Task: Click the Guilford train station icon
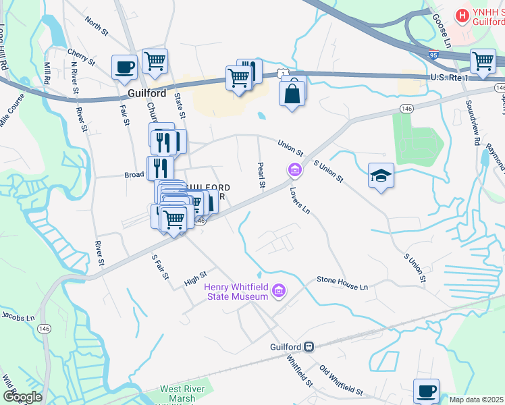[309, 346]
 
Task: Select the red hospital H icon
[462, 14]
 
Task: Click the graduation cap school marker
[381, 175]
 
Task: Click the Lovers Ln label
[300, 200]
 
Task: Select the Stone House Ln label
[342, 283]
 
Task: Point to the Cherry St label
[81, 57]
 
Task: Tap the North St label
[97, 25]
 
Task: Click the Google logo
[22, 397]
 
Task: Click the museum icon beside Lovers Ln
[294, 170]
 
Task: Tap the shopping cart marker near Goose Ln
[483, 61]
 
